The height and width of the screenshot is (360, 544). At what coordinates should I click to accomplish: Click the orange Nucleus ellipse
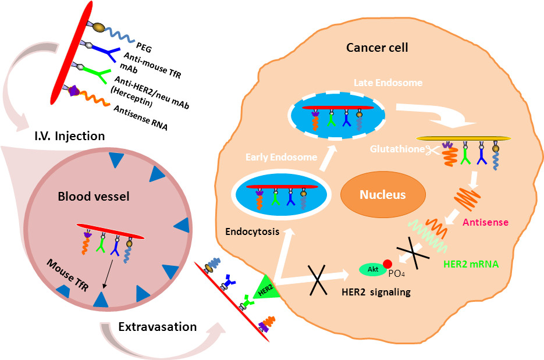tap(382, 195)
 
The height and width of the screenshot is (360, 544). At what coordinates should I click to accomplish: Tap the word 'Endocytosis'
tap(251, 231)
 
